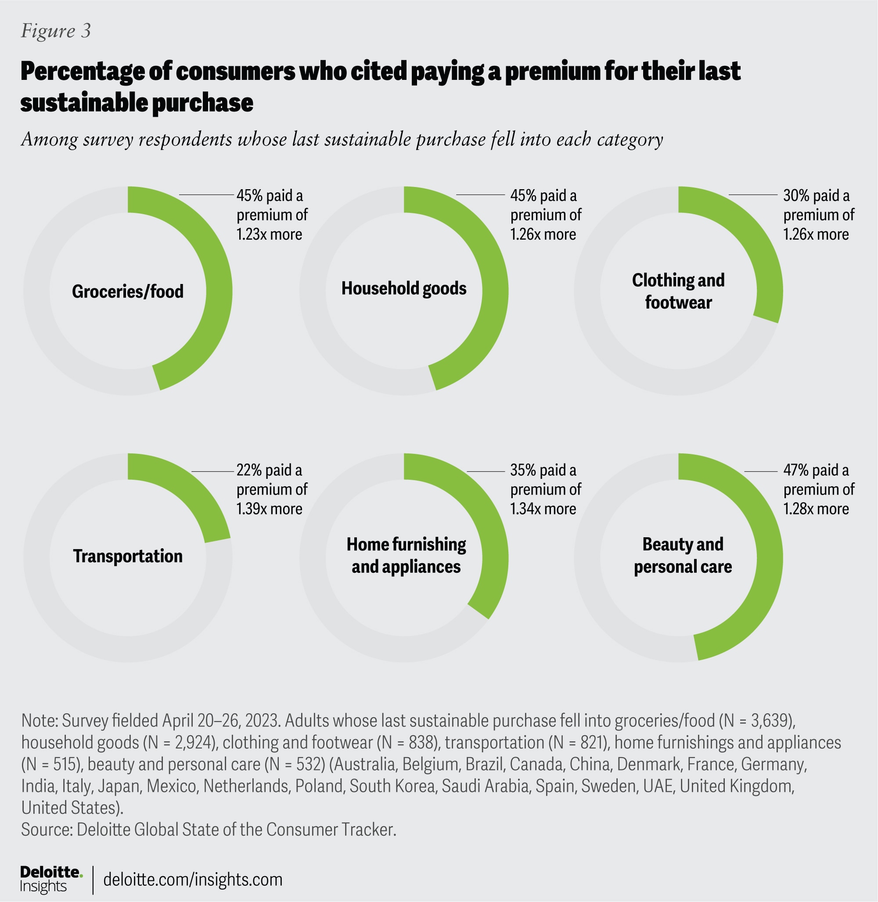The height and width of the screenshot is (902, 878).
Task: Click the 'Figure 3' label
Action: tap(56, 31)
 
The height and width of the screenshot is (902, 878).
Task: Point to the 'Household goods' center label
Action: tap(403, 289)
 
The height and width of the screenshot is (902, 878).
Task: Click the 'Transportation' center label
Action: tap(128, 556)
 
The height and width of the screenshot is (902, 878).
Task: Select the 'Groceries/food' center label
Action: tap(128, 291)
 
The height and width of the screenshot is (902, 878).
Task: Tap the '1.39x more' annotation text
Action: tap(269, 509)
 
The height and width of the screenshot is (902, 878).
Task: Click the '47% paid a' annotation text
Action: tap(816, 471)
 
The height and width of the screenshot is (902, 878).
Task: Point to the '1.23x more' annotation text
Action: tap(269, 234)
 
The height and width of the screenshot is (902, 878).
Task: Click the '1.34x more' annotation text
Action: tap(543, 509)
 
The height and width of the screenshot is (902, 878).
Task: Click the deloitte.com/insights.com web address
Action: tap(193, 880)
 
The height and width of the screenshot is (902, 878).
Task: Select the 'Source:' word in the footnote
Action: tap(47, 830)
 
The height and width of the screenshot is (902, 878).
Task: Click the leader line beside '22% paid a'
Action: tap(212, 471)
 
